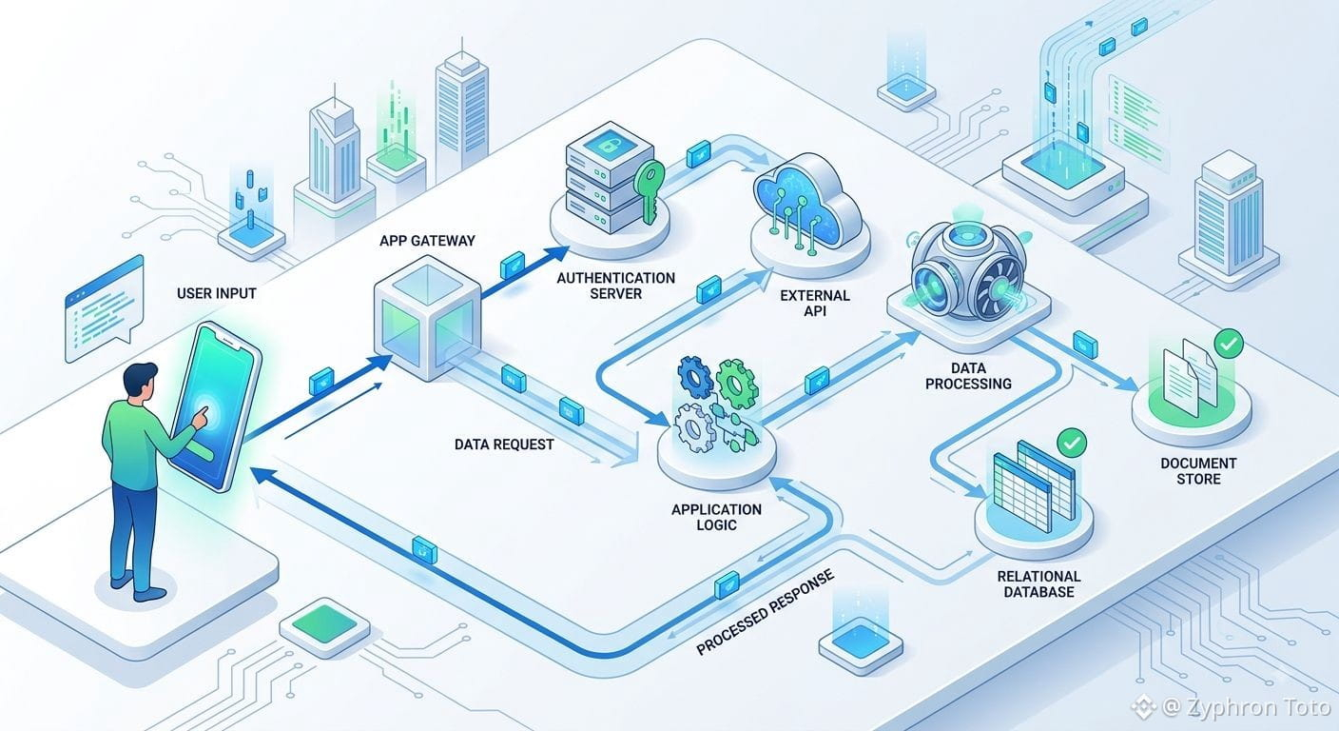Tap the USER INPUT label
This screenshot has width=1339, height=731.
click(x=217, y=293)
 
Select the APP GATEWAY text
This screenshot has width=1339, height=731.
click(x=427, y=241)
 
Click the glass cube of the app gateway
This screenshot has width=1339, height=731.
click(x=427, y=318)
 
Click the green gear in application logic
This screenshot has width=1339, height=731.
click(x=736, y=384)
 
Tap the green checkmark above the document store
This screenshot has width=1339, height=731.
click(x=1229, y=344)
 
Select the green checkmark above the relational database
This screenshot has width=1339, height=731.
click(x=1072, y=443)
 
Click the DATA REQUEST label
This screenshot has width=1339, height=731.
click(x=504, y=445)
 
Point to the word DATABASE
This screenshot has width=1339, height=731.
click(x=1038, y=592)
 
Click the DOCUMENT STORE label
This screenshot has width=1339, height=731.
click(x=1198, y=471)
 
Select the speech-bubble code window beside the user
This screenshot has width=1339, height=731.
click(x=104, y=308)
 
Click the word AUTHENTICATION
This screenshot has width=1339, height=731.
click(x=615, y=278)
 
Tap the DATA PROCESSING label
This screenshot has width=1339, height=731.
click(x=968, y=376)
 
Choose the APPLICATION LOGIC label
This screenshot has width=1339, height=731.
click(x=716, y=517)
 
